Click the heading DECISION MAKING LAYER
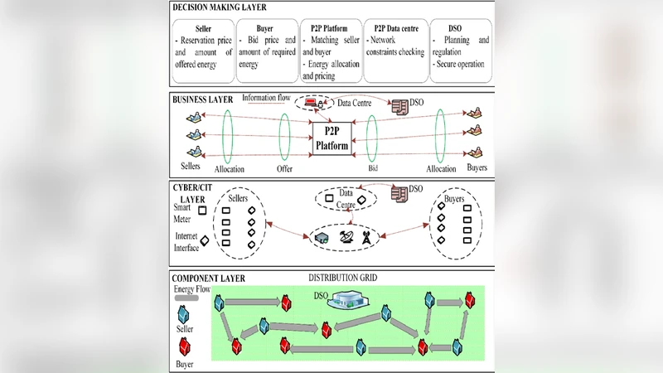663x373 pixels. pos(220,7)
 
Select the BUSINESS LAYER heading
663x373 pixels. pos(202,99)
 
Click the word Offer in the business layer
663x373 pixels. pos(285,168)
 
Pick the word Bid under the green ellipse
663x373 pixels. pos(373,167)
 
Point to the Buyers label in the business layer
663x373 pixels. pos(477,167)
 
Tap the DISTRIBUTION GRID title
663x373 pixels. pos(343,278)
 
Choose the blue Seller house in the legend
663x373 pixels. pos(185,314)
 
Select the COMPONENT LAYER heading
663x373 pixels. pos(207,279)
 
